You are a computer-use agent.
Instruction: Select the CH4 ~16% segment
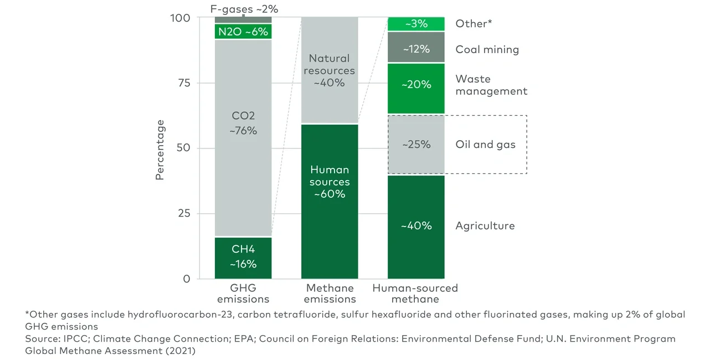[243, 258]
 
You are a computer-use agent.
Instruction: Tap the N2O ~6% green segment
[243, 32]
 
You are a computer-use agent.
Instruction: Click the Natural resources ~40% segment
[330, 70]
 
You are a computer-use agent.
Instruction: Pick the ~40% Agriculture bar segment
[416, 226]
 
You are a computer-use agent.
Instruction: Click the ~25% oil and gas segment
[416, 145]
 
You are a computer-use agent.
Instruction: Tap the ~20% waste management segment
[416, 85]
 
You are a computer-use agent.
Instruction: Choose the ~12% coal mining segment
[416, 49]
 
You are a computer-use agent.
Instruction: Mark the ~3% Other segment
[416, 24]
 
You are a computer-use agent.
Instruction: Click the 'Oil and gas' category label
[485, 145]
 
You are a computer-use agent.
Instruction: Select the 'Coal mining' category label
[487, 49]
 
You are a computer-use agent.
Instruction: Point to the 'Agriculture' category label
[485, 226]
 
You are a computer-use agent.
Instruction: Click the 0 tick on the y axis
[187, 279]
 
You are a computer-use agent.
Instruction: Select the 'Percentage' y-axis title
[160, 150]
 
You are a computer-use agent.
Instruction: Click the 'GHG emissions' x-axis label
[243, 294]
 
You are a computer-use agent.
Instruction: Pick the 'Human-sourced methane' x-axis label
[415, 294]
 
